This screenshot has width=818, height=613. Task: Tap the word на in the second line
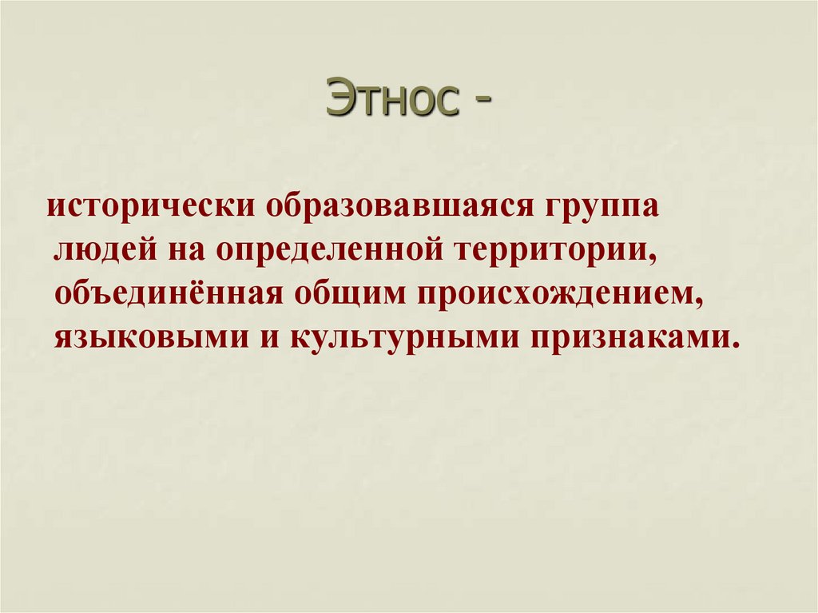pos(184,252)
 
